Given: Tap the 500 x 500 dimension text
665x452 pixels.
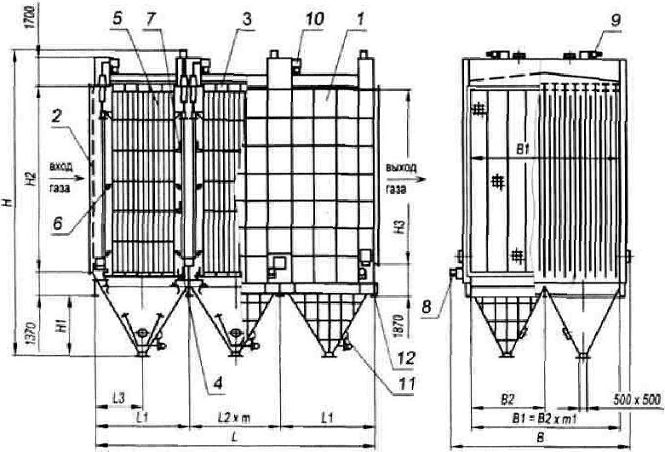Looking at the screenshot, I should (x=634, y=398).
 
